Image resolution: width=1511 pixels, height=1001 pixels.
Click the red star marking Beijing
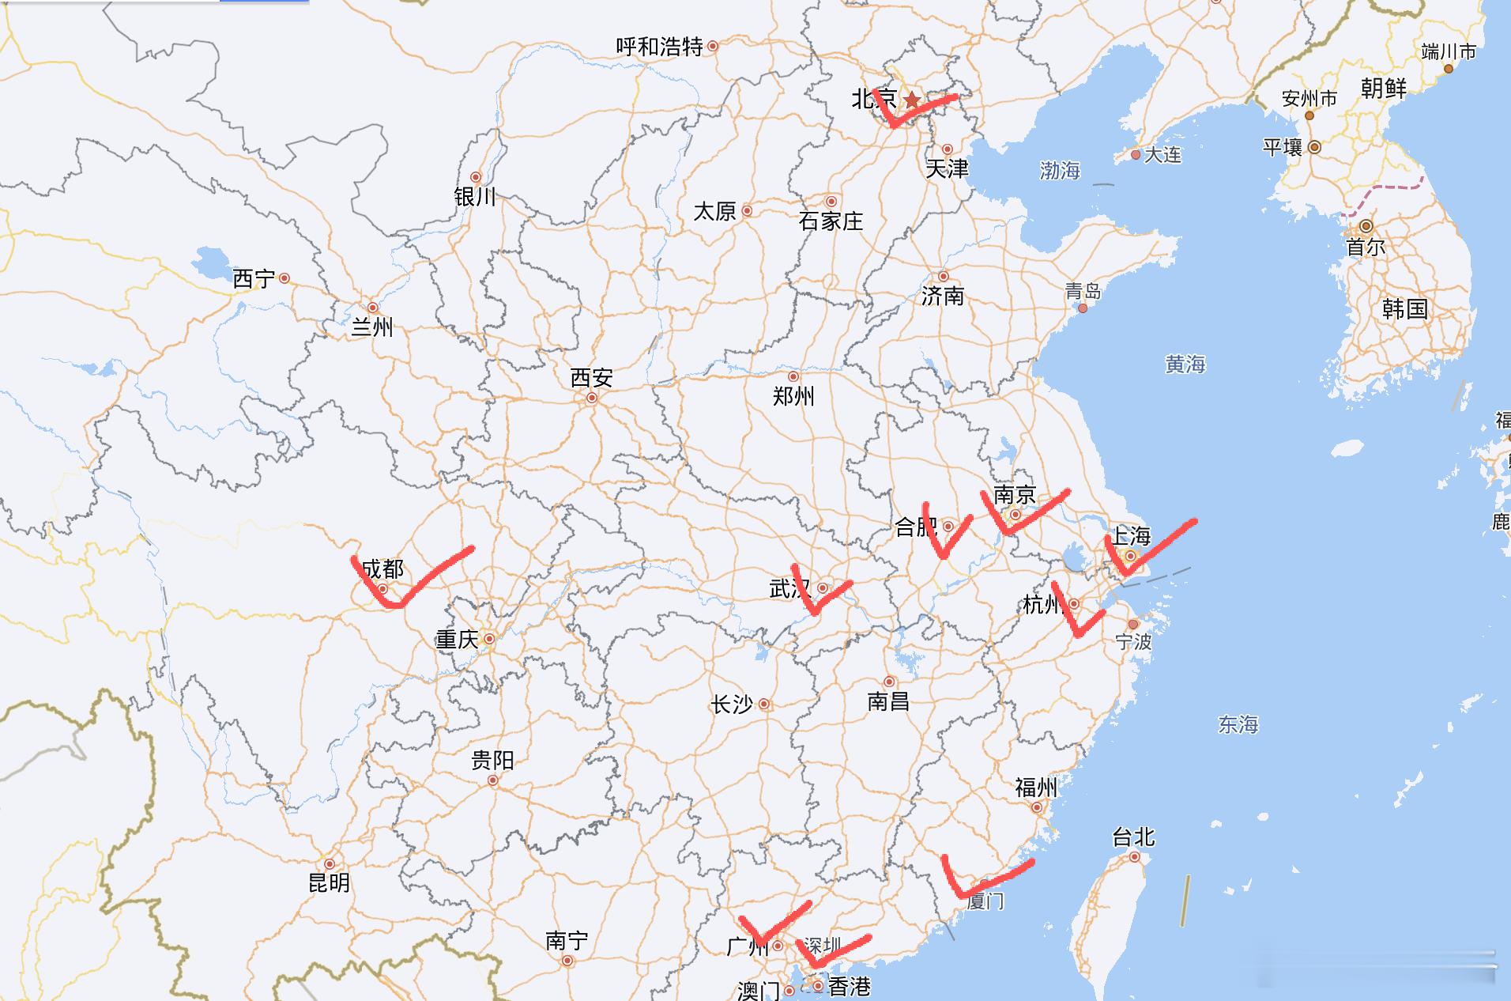[x=912, y=100]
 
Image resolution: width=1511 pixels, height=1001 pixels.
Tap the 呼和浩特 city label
[x=659, y=47]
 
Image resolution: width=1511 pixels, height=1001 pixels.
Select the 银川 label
[x=475, y=197]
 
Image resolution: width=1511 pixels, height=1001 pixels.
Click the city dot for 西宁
[x=284, y=278]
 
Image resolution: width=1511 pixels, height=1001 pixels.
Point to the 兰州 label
[x=371, y=327]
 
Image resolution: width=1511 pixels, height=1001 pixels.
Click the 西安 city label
[x=591, y=378]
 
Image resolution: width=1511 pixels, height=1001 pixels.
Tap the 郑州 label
[x=793, y=396]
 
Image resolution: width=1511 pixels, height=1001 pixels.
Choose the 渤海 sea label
[x=1060, y=170]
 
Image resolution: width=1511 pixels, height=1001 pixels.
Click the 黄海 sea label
[x=1185, y=364]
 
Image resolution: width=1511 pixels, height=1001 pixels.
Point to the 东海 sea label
[x=1238, y=724]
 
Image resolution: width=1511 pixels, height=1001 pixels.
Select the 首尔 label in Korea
[x=1366, y=247]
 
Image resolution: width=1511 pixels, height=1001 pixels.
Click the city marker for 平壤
[x=1315, y=147]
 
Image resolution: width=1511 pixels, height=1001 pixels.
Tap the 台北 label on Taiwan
[x=1133, y=837]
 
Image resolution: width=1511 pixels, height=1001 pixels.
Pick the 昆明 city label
[x=329, y=882]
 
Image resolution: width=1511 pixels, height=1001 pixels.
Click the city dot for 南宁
[x=567, y=961]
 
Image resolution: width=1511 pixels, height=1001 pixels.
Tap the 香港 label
[x=849, y=987]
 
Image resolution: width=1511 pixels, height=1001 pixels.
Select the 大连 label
[x=1162, y=155]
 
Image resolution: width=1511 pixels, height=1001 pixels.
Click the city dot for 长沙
[x=764, y=704]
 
